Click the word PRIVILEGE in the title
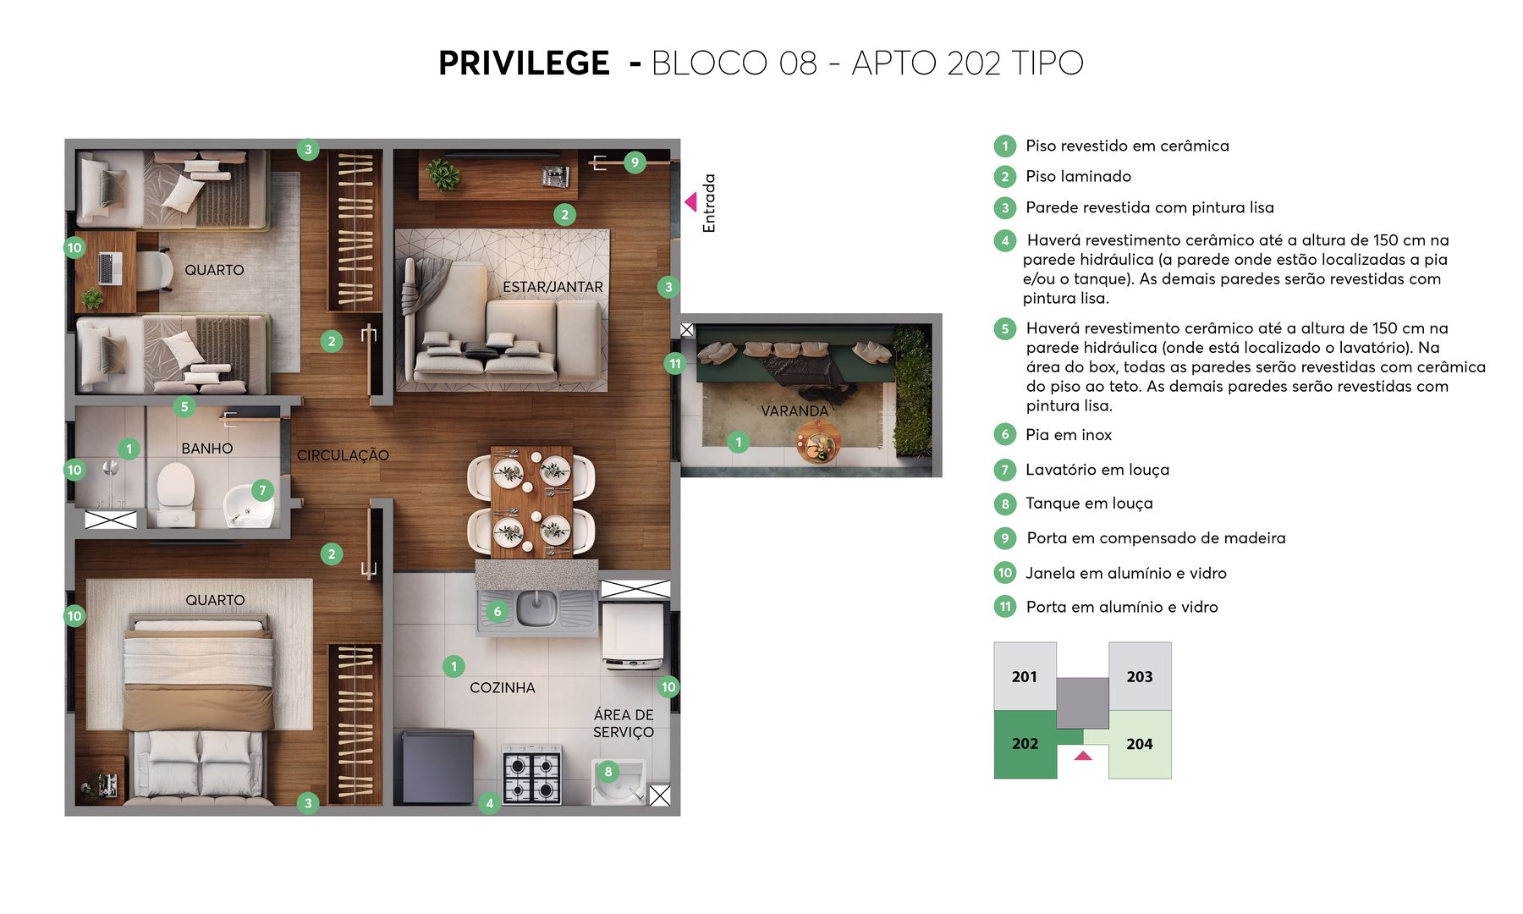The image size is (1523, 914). [524, 63]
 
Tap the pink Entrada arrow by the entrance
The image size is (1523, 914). [690, 201]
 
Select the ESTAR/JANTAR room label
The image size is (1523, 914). [553, 287]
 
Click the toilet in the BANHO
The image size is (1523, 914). [176, 491]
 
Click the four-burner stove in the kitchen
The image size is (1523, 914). [532, 775]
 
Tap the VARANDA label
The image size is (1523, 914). [794, 411]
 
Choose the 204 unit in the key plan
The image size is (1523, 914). [1140, 744]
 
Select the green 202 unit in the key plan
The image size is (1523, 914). [1025, 744]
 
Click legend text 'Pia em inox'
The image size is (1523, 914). [1069, 435]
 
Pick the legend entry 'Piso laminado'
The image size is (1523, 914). [1078, 176]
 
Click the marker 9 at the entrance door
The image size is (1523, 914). [635, 162]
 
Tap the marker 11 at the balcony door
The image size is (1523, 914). [674, 364]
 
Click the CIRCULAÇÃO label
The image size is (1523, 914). [343, 455]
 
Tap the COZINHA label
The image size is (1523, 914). [502, 688]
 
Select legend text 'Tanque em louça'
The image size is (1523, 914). [1089, 504]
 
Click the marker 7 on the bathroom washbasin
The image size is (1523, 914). [262, 490]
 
